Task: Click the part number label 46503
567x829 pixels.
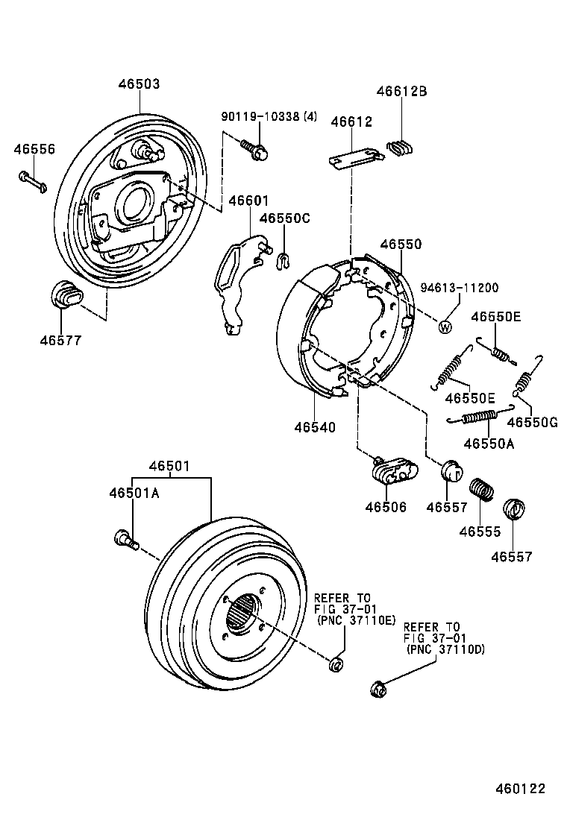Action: pos(139,85)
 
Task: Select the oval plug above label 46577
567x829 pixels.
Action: pos(66,294)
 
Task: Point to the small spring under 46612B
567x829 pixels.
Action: pos(401,147)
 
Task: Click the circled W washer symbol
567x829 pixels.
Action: pos(445,326)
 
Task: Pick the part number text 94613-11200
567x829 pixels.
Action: pos(459,288)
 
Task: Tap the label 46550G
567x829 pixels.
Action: pos(532,422)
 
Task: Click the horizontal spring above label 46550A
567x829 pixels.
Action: pos(480,415)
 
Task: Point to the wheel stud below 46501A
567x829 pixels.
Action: pos(125,538)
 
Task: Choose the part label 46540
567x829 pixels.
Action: pos(314,427)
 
